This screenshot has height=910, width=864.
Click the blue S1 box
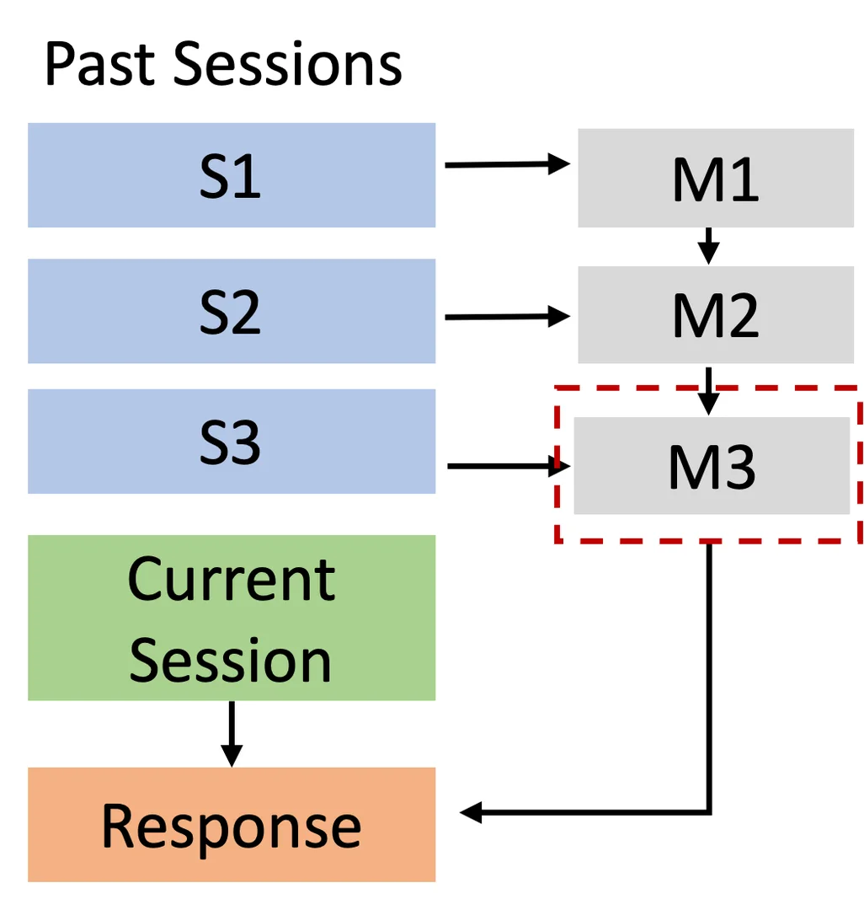[232, 175]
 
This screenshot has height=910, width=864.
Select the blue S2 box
[232, 311]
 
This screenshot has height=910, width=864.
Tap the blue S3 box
[232, 442]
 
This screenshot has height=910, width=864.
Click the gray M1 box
[716, 178]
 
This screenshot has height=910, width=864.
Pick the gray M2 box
[716, 314]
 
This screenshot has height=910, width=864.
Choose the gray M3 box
[712, 466]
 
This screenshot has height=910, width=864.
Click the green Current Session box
[232, 618]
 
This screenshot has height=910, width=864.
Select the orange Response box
[232, 824]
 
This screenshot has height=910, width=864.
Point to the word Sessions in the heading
[288, 64]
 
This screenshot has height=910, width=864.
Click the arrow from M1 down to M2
[709, 246]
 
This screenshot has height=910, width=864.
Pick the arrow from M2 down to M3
[709, 390]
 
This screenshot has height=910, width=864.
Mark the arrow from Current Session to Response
[231, 733]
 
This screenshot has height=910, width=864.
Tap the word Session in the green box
[232, 659]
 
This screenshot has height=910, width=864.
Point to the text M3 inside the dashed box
[712, 468]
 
